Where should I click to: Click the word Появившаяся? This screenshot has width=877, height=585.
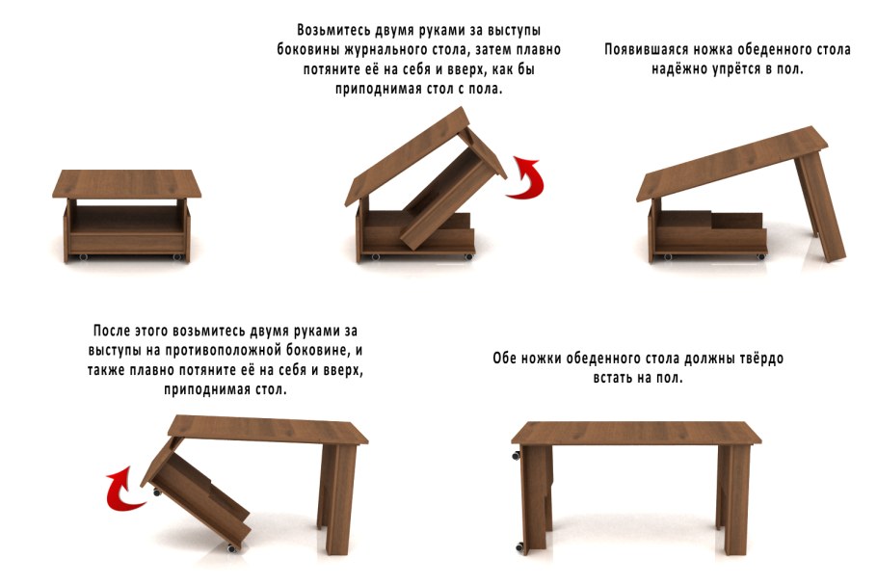point(651,49)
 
